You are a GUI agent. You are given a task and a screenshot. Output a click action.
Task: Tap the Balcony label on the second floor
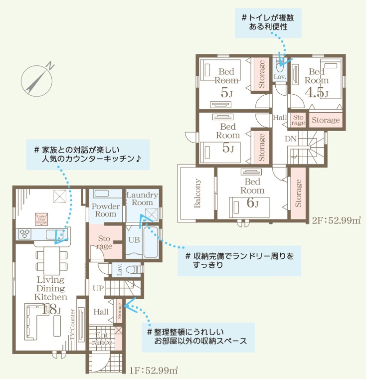click(x=197, y=193)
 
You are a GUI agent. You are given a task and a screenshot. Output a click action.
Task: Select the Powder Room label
click(x=105, y=210)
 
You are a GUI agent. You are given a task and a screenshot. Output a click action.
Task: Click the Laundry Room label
click(x=142, y=199)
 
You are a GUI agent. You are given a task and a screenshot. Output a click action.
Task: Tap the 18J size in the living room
click(x=51, y=310)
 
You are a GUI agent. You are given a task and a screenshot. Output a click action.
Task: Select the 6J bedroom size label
click(x=253, y=202)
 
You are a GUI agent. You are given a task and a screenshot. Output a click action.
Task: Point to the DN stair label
click(x=291, y=139)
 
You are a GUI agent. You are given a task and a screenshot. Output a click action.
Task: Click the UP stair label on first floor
click(x=98, y=288)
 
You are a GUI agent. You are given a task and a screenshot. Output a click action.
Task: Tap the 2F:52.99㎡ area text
click(x=336, y=220)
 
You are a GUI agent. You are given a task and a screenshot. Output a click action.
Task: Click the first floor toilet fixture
click(x=133, y=270)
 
